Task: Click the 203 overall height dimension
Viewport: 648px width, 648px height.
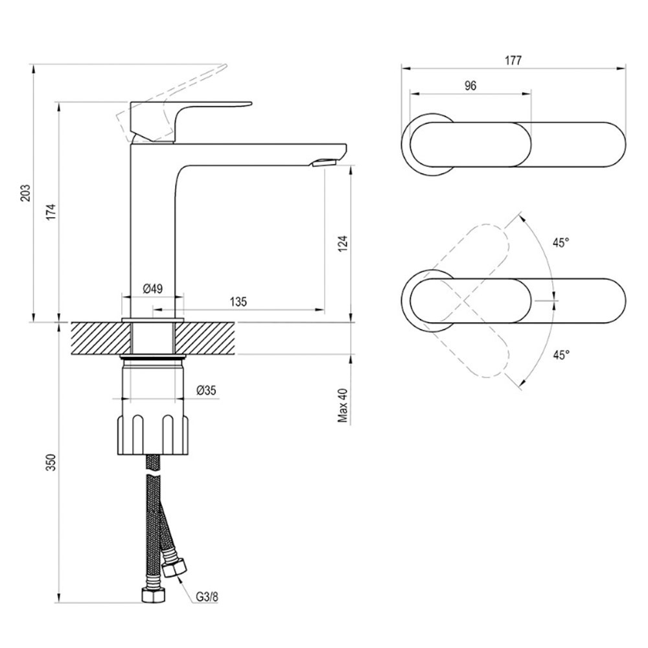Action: click(26, 193)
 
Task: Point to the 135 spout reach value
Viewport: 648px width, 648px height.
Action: click(238, 301)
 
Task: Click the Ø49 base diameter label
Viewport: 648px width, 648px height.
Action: click(152, 288)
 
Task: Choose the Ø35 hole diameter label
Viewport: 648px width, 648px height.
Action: click(206, 389)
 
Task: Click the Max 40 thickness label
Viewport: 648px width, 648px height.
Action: click(343, 406)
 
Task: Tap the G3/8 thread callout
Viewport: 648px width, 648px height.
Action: click(206, 597)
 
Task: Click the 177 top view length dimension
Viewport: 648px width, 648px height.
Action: click(513, 60)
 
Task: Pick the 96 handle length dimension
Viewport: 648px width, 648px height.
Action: click(470, 86)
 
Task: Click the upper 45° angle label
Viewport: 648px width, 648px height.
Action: click(561, 243)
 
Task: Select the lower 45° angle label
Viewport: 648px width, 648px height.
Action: click(561, 354)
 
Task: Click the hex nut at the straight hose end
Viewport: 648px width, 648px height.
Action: click(154, 595)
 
